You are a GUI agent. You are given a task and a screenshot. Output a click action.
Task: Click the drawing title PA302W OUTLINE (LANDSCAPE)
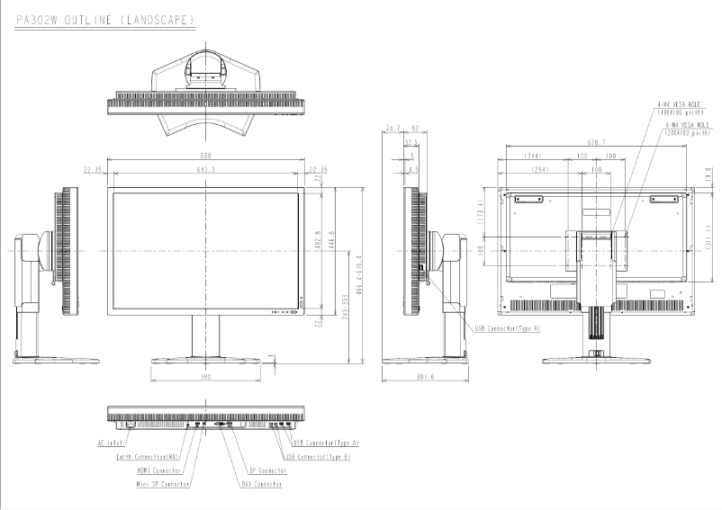click(106, 18)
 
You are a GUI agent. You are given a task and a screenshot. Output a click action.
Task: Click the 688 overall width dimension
click(208, 156)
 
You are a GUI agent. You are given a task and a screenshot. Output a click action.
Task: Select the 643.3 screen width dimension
click(208, 169)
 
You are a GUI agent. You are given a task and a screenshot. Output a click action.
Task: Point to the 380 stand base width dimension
click(206, 377)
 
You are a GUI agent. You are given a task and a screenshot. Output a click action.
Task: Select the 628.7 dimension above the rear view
click(596, 141)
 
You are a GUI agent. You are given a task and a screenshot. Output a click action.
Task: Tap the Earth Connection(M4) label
click(149, 456)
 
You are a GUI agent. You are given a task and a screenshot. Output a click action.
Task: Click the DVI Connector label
click(261, 484)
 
